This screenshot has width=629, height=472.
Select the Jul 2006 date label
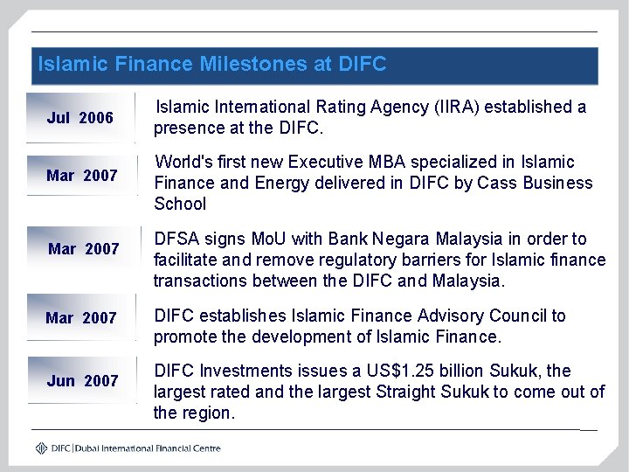[x=80, y=118]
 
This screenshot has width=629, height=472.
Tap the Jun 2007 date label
[x=82, y=380]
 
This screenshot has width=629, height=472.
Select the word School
[x=180, y=205]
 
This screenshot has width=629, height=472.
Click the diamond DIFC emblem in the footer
[x=42, y=448]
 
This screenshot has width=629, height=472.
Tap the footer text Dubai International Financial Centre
[x=149, y=448]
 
